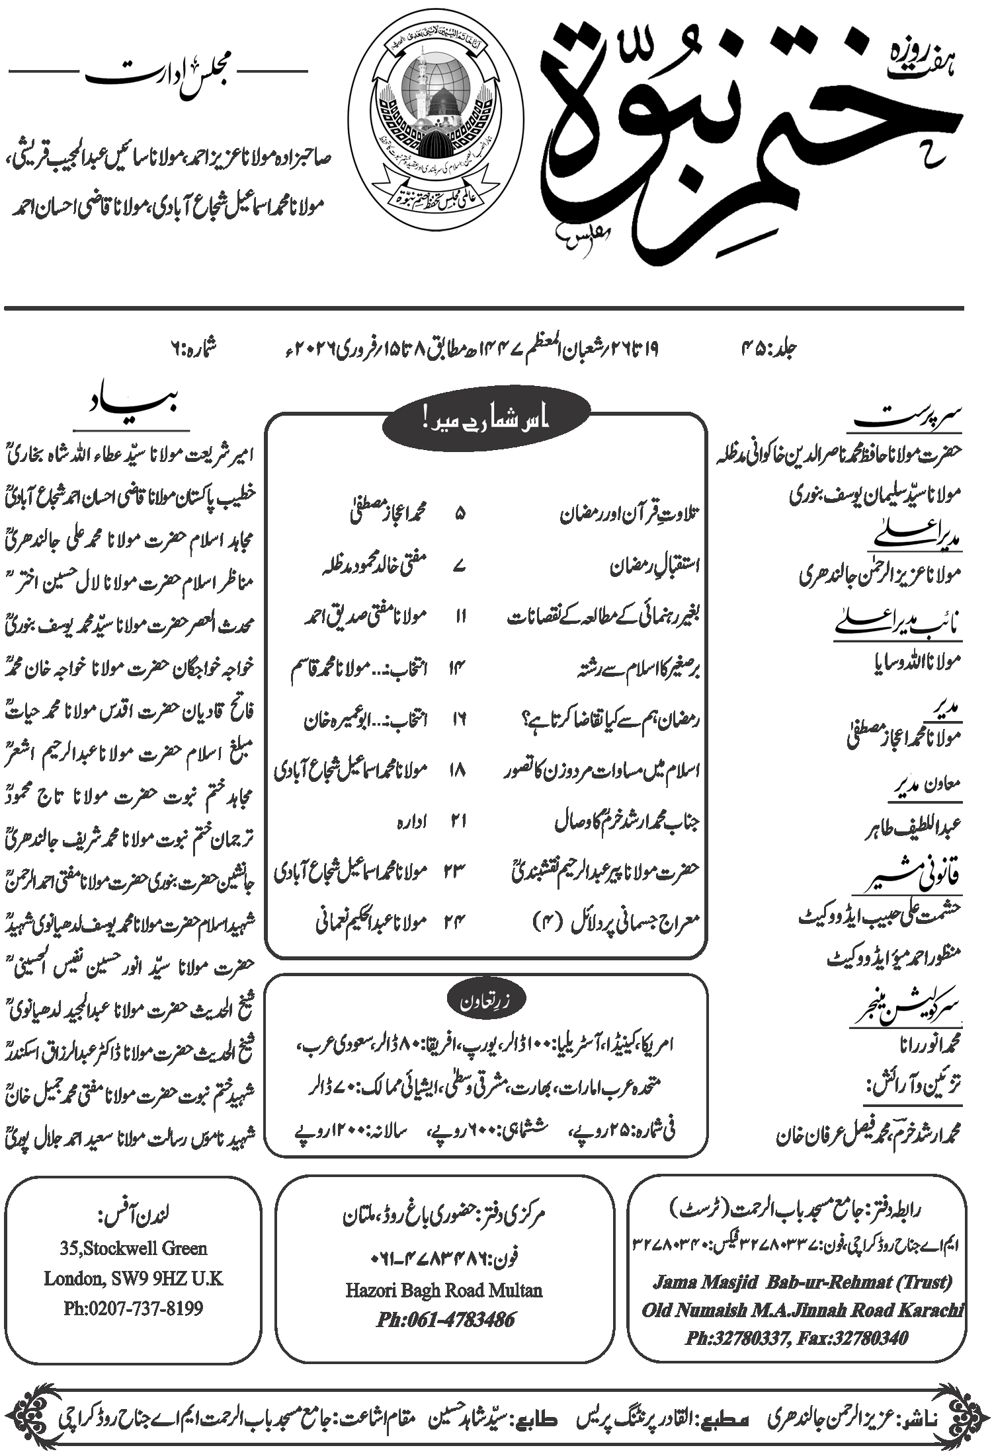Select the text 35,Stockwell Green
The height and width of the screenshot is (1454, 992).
(x=134, y=1248)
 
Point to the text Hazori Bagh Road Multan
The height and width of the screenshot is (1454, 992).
(x=444, y=1289)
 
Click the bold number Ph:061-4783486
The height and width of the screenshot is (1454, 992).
(x=445, y=1319)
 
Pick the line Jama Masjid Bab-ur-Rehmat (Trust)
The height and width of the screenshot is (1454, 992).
(x=802, y=1282)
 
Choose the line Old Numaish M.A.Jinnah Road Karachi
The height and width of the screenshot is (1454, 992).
(x=802, y=1309)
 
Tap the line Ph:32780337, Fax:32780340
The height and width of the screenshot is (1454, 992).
(x=796, y=1338)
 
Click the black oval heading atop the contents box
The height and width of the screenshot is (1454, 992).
(x=486, y=421)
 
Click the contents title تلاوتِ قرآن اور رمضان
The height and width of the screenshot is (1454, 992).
(x=630, y=514)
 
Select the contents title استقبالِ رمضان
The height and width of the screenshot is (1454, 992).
(x=655, y=565)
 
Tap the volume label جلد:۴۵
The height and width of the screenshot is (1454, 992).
(x=770, y=348)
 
